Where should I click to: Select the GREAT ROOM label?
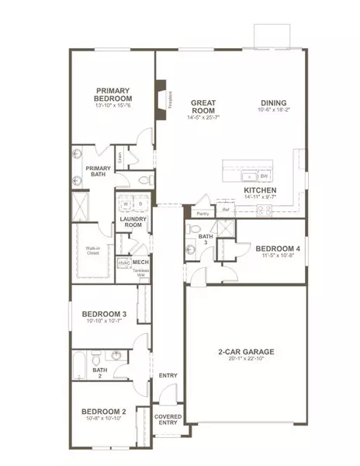(x=202, y=106)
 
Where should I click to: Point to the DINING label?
(x=273, y=102)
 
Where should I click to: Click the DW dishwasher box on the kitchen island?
(x=264, y=176)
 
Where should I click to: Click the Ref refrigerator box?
(x=226, y=209)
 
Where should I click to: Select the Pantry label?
(x=202, y=213)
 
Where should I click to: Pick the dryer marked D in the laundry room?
(x=140, y=205)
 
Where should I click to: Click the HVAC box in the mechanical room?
(x=123, y=264)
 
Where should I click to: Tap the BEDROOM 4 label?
(x=275, y=248)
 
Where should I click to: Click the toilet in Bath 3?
(x=191, y=250)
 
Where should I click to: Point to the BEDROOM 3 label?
(x=103, y=314)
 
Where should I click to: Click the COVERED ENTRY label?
(x=168, y=419)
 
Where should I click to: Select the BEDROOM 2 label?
(x=103, y=411)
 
